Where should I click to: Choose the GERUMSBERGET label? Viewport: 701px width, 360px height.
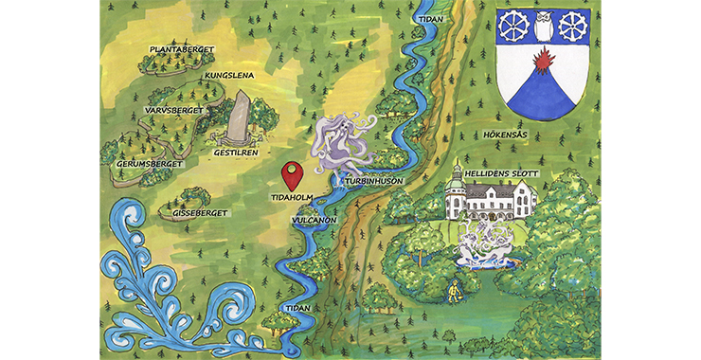pyautogui.click(x=142, y=163)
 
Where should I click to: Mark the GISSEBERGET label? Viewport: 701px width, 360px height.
pyautogui.click(x=200, y=213)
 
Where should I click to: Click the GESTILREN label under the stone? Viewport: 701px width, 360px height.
pyautogui.click(x=237, y=152)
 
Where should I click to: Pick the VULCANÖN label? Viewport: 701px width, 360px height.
pyautogui.click(x=314, y=218)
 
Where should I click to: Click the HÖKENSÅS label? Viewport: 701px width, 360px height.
pyautogui.click(x=512, y=135)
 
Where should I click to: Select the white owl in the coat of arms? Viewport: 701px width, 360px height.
pyautogui.click(x=544, y=26)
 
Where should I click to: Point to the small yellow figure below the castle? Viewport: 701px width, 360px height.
pyautogui.click(x=455, y=288)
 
